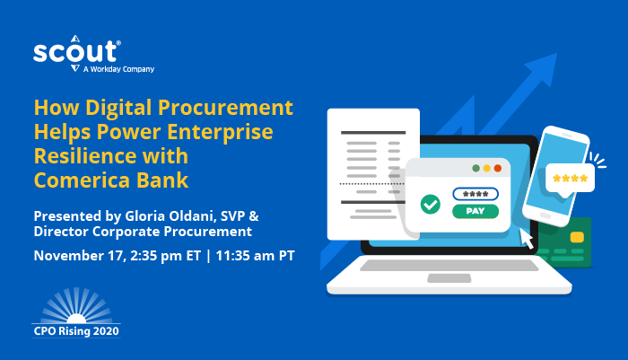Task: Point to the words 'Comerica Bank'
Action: [x=111, y=179]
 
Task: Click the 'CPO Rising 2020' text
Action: [x=76, y=330]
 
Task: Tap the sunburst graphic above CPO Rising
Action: [x=76, y=306]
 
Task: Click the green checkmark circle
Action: [x=430, y=204]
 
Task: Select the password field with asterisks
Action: [x=475, y=194]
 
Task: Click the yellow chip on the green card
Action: [x=577, y=237]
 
